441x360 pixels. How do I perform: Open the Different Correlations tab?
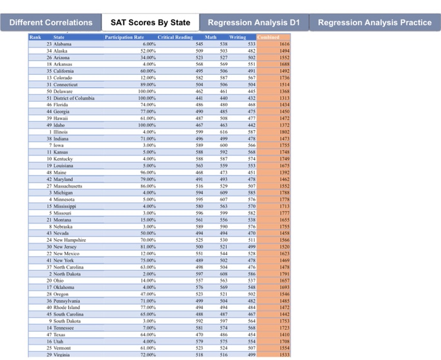coord(51,23)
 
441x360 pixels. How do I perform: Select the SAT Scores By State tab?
coord(151,23)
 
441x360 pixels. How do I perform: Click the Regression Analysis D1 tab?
coord(254,23)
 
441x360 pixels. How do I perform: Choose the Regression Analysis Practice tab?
coord(375,23)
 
